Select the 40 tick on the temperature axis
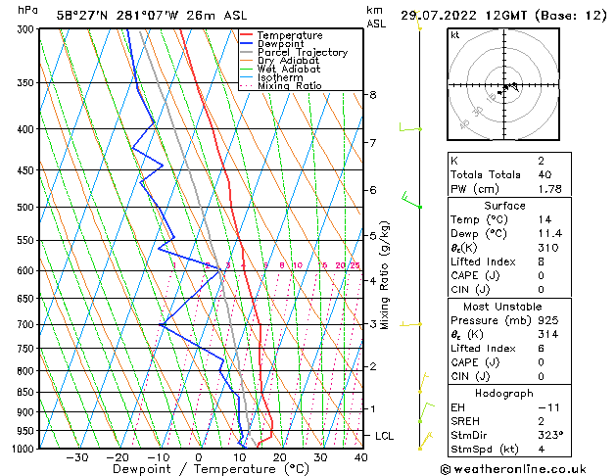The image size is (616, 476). coord(360,457)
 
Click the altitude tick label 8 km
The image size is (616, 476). coord(372,95)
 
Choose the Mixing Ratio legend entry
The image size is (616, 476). coord(289,86)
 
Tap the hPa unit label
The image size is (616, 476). coord(28,10)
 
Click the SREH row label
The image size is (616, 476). coord(466,420)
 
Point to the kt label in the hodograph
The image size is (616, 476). coord(455,35)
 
